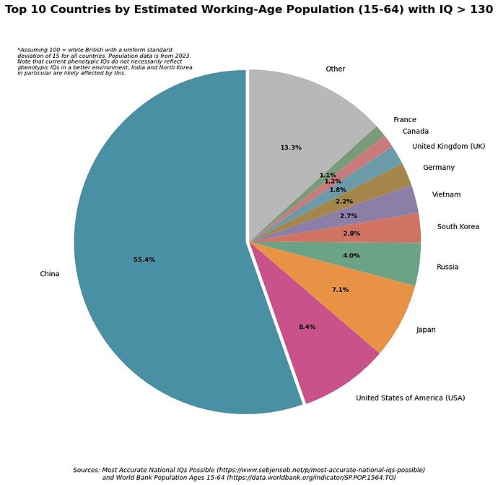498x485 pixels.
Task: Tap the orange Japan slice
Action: point(361,296)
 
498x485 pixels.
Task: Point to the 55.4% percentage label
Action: point(144,259)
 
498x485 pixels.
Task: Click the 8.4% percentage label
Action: point(307,327)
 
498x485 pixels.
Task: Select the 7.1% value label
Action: point(340,290)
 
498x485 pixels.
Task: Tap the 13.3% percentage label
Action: point(290,147)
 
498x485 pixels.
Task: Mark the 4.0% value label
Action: point(351,255)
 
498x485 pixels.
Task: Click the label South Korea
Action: point(458,227)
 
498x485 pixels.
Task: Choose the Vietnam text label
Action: point(446,194)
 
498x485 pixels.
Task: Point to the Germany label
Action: point(439,168)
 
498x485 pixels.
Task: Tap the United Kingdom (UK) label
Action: point(448,147)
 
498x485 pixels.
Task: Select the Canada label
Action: point(416,132)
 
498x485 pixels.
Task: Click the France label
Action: point(404,120)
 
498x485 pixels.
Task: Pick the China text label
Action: point(50,274)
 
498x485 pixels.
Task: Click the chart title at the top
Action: point(249,11)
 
